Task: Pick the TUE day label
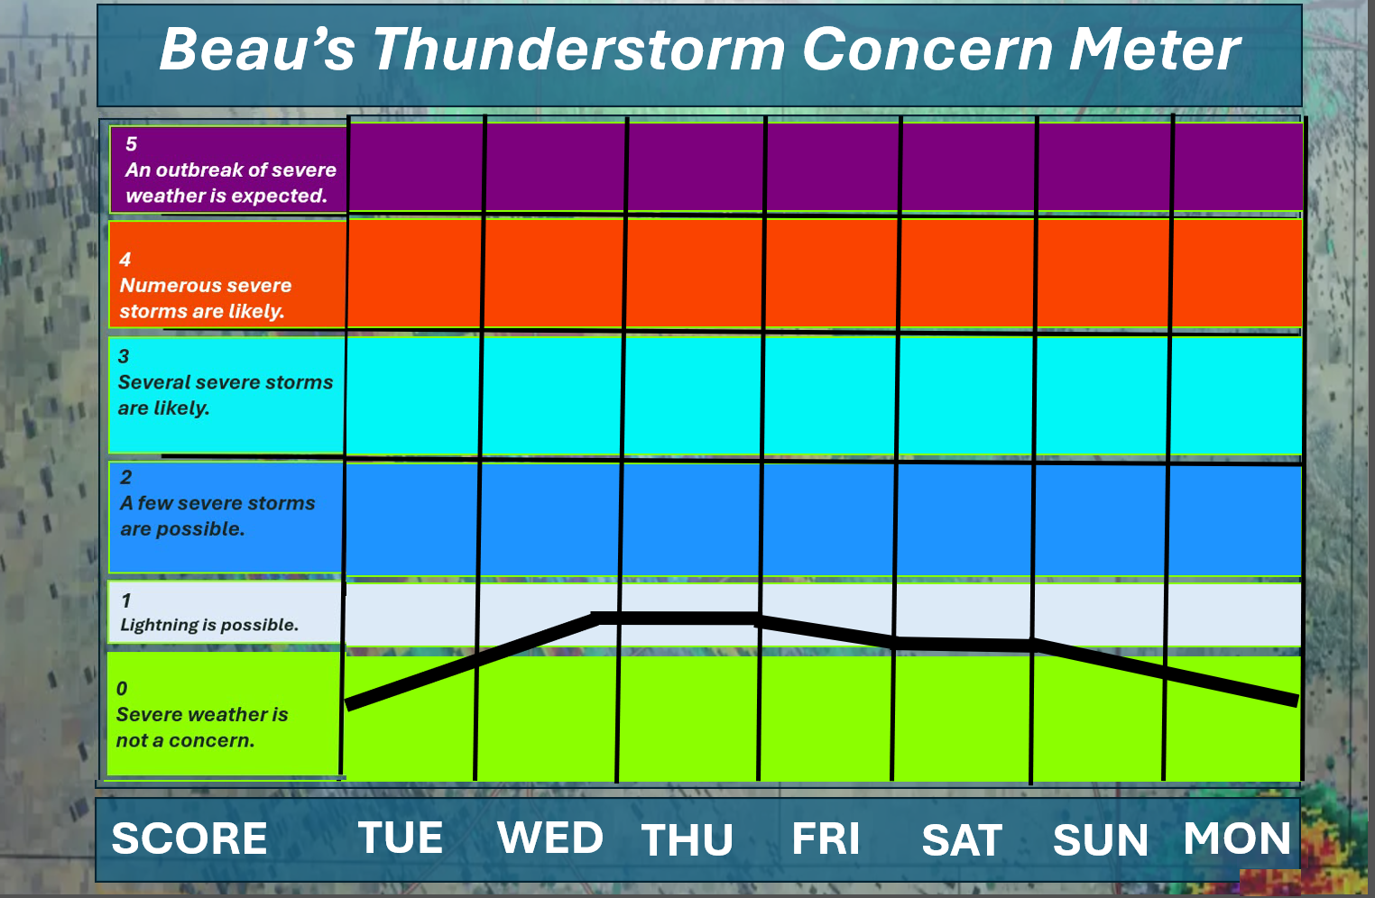[x=401, y=838]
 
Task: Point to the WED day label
[x=550, y=838]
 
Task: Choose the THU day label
[x=687, y=839]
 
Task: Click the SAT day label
[x=962, y=839]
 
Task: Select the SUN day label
[x=1100, y=839]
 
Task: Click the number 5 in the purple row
[x=132, y=144]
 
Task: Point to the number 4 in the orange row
[x=125, y=260]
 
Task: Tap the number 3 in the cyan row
[x=124, y=356]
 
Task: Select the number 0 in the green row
[x=122, y=689]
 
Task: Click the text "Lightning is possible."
[x=209, y=625]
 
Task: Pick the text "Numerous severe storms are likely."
[x=206, y=298]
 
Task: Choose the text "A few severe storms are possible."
[x=217, y=516]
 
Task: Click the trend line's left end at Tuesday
[x=347, y=705]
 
